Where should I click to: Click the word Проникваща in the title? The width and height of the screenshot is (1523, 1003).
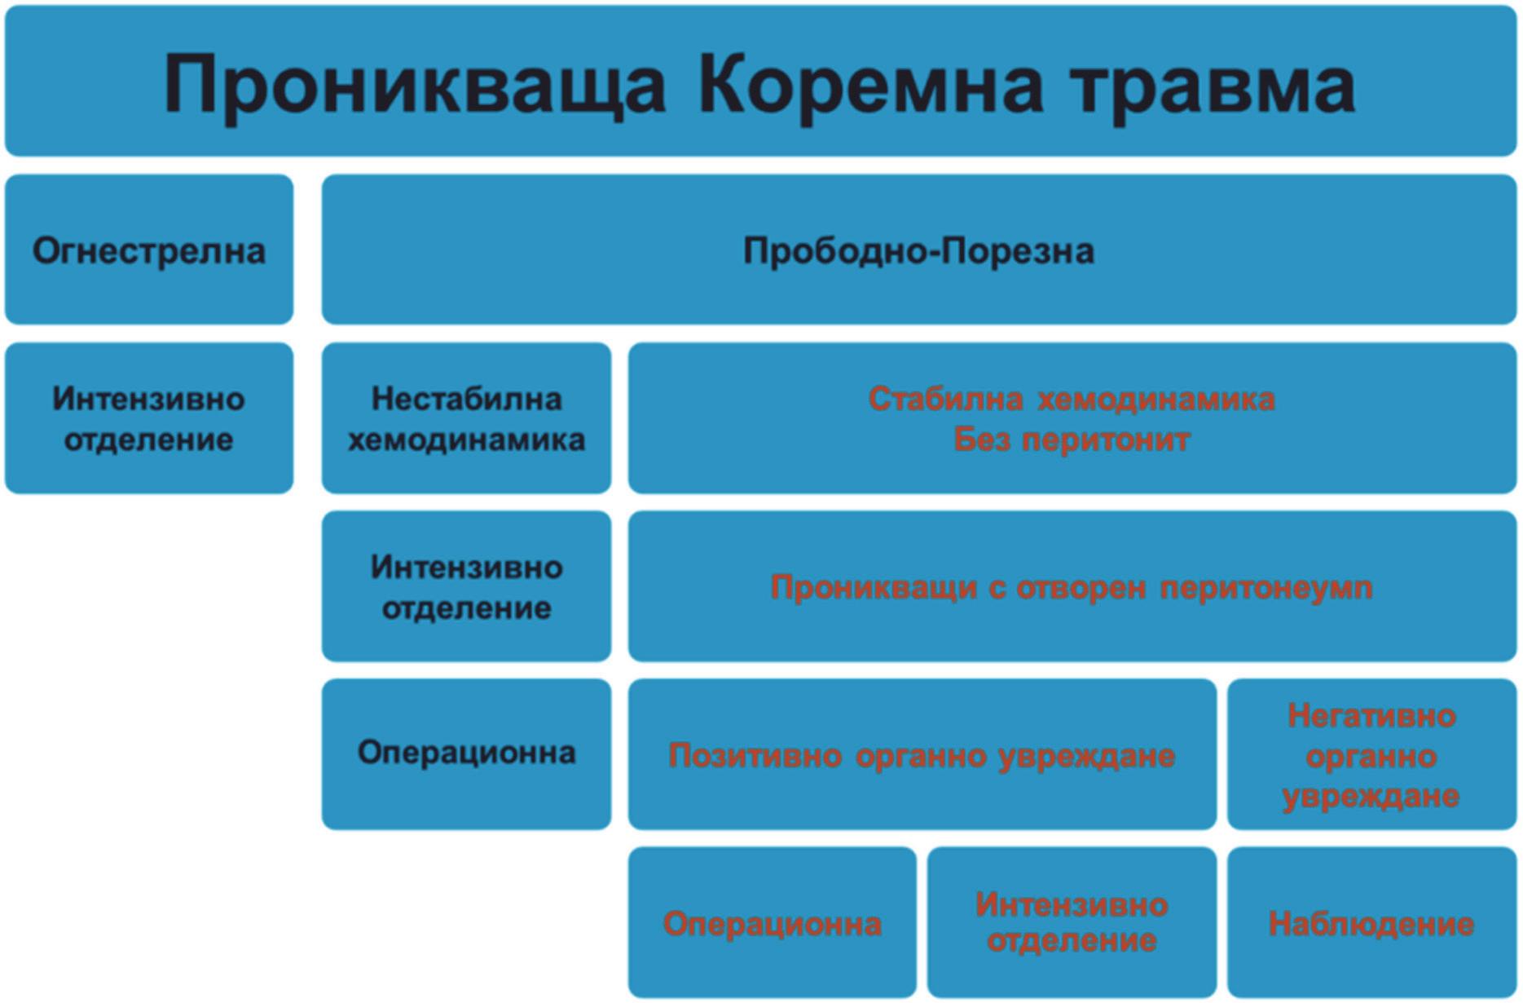coord(415,85)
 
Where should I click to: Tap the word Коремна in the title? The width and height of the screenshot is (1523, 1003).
coord(870,85)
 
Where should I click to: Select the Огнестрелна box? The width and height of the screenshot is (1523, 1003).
coord(149,250)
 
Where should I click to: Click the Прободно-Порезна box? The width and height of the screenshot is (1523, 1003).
coord(918,250)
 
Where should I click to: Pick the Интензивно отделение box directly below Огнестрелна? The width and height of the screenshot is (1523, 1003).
coord(149,418)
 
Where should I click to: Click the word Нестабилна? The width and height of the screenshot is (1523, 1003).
coord(466,399)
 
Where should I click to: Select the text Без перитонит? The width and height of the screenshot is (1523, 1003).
coord(1072,440)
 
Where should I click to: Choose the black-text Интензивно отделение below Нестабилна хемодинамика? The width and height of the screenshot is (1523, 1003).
coord(466,587)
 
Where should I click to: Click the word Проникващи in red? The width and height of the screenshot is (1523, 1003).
coord(874,587)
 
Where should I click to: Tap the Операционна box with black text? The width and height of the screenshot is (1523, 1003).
coord(466,753)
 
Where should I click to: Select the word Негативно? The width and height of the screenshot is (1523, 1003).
coord(1371,716)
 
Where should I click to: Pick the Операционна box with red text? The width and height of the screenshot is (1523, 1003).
coord(773,924)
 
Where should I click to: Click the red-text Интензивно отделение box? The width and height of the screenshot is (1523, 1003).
coord(1072,922)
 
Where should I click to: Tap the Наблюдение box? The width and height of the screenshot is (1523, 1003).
coord(1371,924)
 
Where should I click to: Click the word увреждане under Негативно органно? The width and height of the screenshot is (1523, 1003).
coord(1371,795)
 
